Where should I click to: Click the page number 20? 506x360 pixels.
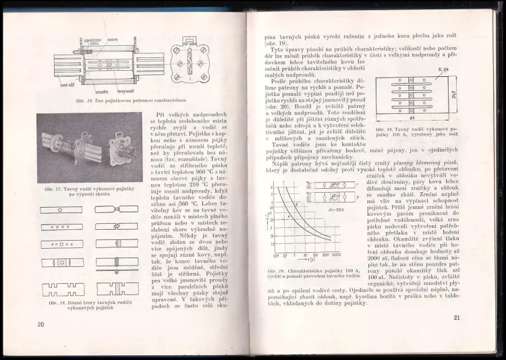(41, 325)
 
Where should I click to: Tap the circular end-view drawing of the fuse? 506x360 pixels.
(190, 65)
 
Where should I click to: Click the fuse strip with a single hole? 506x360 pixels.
(61, 209)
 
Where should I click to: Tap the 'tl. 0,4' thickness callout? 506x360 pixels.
(443, 69)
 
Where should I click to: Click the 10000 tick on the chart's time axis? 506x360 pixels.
(336, 256)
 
